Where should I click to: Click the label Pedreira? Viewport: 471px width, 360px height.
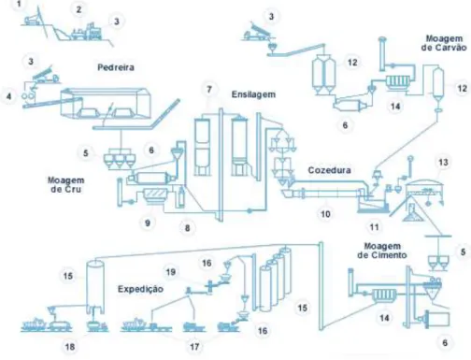[x=116, y=67]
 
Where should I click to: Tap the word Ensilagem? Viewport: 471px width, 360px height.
[x=253, y=94]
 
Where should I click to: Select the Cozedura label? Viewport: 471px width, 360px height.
[x=329, y=170]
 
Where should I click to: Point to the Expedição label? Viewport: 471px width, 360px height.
[x=140, y=289]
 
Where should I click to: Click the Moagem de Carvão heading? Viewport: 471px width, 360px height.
[x=444, y=43]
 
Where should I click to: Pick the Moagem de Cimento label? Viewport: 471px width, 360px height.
[x=382, y=251]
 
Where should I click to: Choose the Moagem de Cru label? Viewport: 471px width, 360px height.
[x=65, y=184]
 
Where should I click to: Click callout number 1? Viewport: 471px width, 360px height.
[x=20, y=4]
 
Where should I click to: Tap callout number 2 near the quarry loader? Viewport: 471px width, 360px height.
[x=78, y=9]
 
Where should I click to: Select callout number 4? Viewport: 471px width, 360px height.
[x=8, y=96]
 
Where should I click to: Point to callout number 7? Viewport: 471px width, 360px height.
[x=209, y=90]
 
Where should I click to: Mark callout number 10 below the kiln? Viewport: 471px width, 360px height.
[x=325, y=214]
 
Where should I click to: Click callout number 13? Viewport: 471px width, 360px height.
[x=443, y=163]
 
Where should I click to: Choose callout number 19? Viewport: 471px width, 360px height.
[x=171, y=272]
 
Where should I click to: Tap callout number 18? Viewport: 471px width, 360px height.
[x=70, y=347]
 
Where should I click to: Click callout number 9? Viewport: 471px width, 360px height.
[x=148, y=223]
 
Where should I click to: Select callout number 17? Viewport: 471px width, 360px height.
[x=194, y=347]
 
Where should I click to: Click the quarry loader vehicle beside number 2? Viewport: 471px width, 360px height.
[x=87, y=32]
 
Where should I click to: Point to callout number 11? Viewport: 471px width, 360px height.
[x=374, y=227]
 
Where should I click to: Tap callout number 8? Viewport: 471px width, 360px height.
[x=187, y=228]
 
